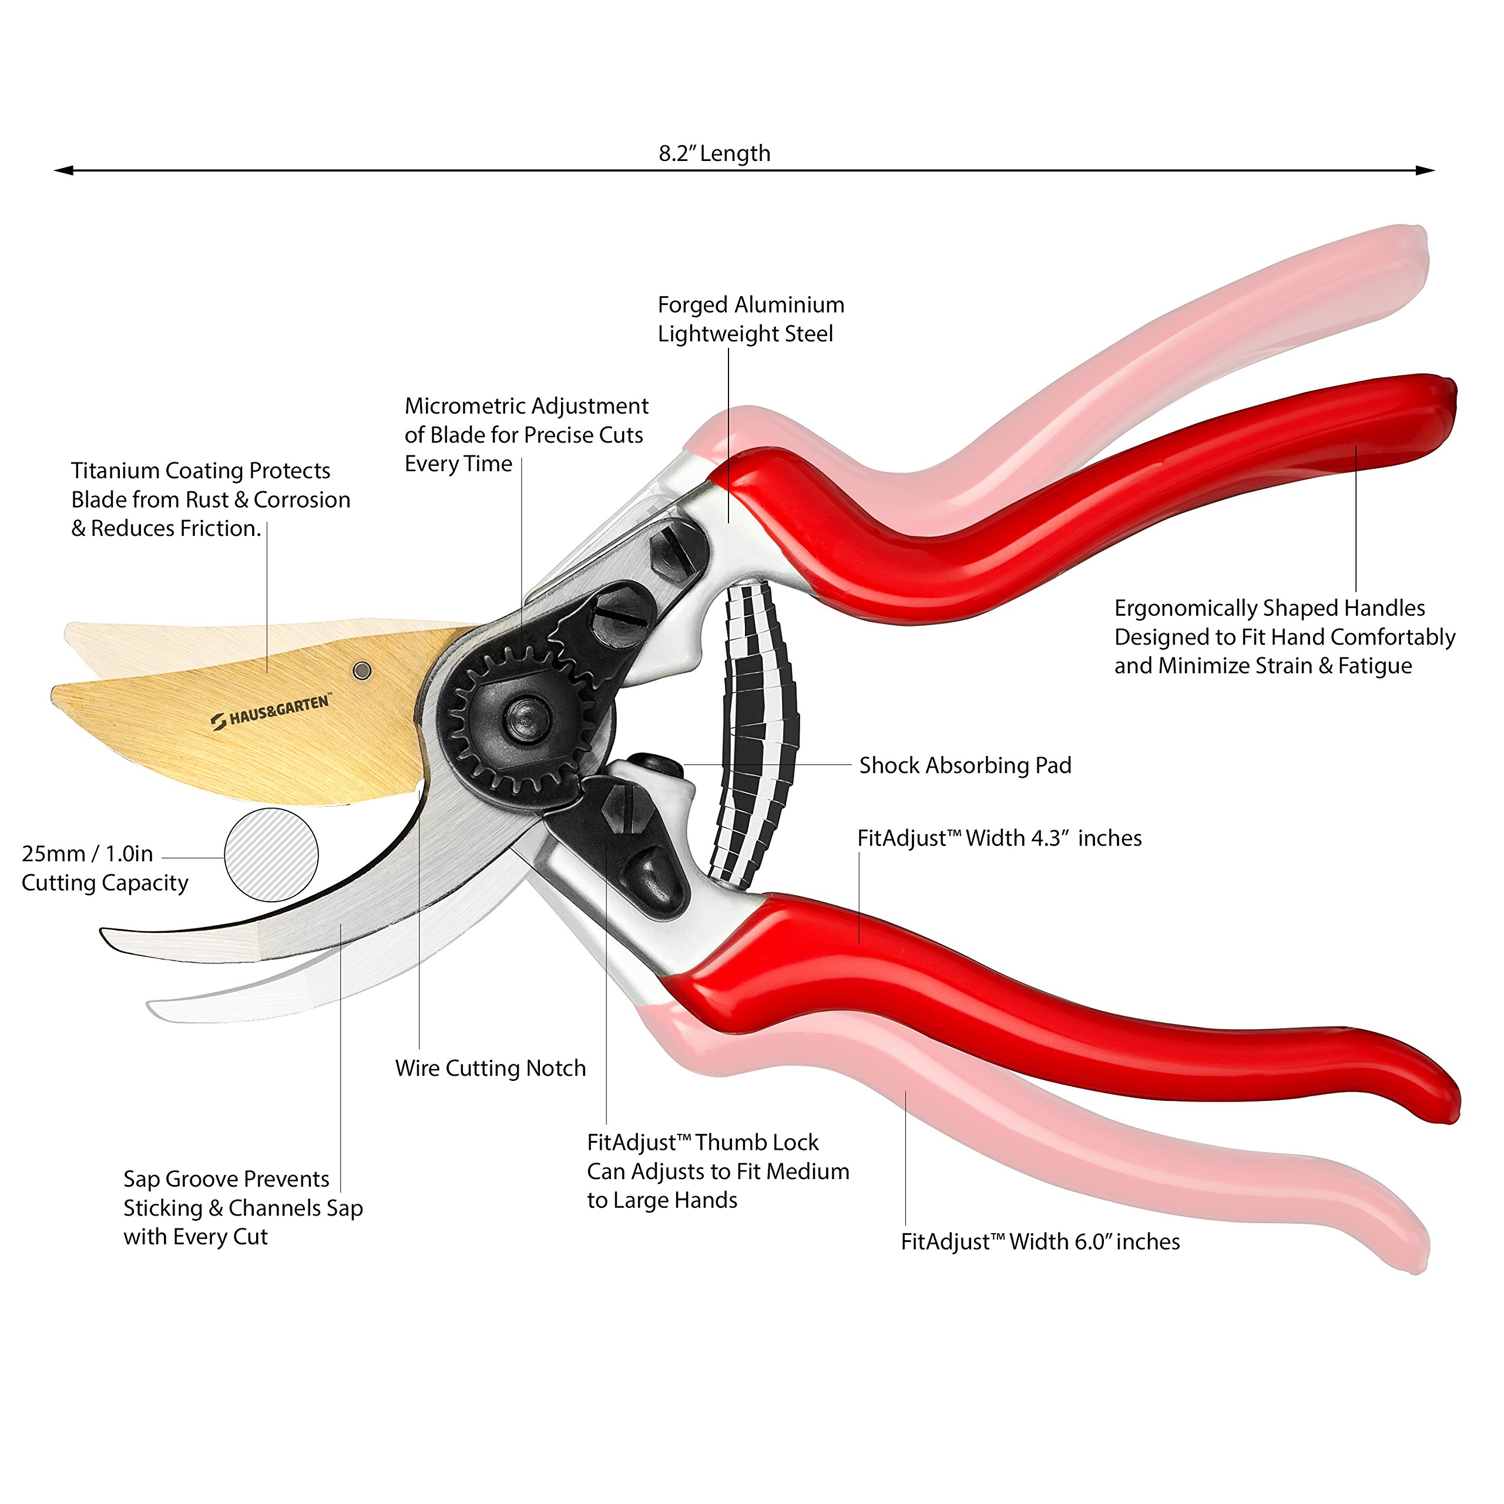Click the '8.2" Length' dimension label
point(714,153)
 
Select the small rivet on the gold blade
point(362,670)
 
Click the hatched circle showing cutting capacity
point(271,855)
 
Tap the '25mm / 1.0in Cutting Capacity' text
point(105,868)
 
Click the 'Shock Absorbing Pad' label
point(965,766)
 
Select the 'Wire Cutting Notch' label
point(491,1068)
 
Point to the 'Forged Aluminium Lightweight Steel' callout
point(750,319)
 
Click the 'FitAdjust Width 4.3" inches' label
point(999,838)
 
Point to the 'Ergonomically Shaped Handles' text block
point(1284,637)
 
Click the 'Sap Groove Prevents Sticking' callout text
point(242,1207)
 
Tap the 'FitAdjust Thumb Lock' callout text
point(717,1171)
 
